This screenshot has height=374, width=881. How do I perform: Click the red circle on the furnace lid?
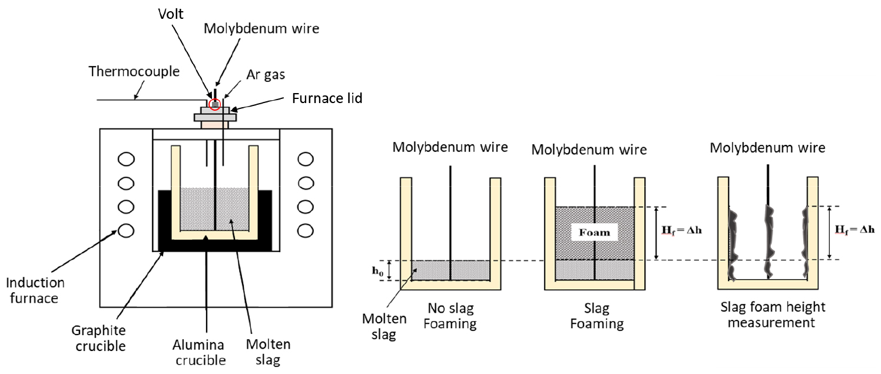pyautogui.click(x=216, y=104)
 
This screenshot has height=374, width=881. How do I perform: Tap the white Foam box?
pyautogui.click(x=595, y=232)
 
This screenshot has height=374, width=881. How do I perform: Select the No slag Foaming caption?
pyautogui.click(x=451, y=316)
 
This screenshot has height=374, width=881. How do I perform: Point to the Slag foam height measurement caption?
pyautogui.click(x=773, y=315)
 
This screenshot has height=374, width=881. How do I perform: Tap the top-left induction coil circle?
pyautogui.click(x=126, y=159)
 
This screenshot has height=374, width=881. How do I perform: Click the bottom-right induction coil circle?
pyautogui.click(x=306, y=230)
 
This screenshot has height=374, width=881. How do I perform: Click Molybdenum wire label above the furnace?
pyautogui.click(x=261, y=28)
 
